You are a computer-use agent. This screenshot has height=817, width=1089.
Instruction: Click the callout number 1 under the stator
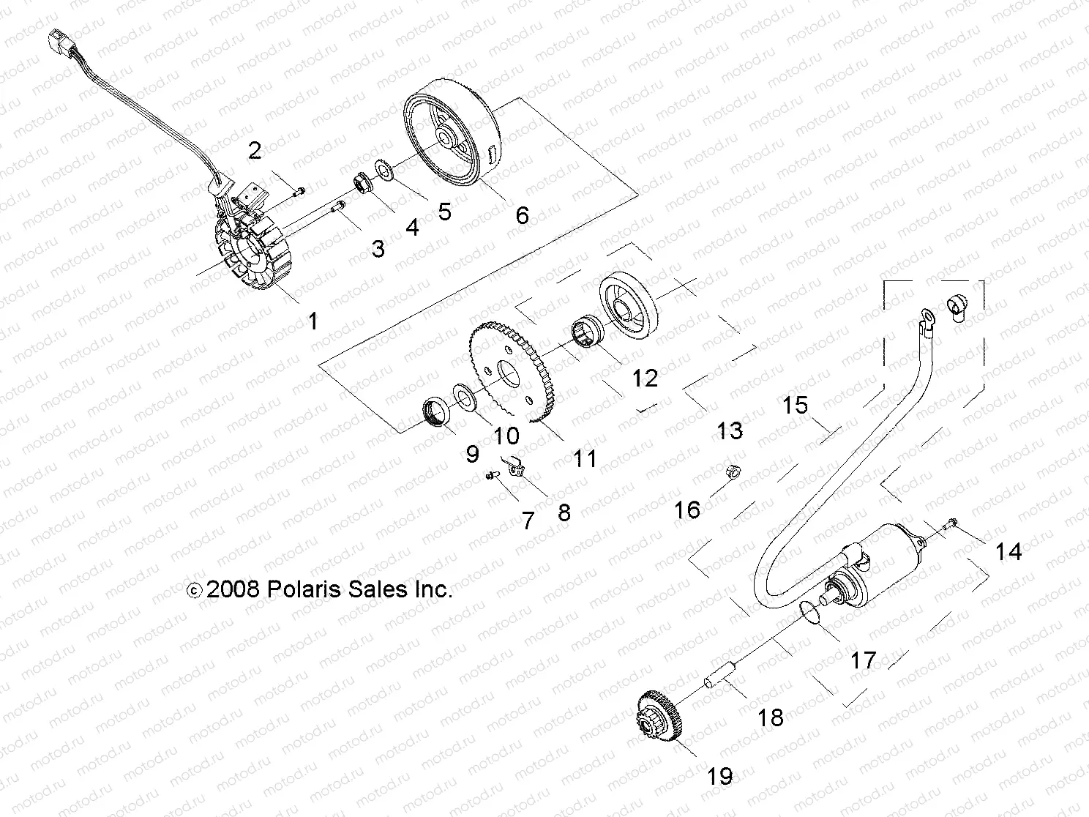point(313,321)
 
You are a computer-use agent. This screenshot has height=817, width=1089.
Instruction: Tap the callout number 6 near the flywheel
point(521,215)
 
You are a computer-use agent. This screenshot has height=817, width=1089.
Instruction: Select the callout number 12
point(645,378)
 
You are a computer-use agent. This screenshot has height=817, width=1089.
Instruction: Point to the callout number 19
point(720,776)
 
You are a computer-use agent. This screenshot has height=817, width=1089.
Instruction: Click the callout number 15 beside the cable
point(795,405)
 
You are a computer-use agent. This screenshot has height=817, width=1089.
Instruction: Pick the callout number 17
point(863,660)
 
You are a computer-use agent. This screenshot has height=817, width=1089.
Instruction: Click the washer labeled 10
point(463,395)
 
